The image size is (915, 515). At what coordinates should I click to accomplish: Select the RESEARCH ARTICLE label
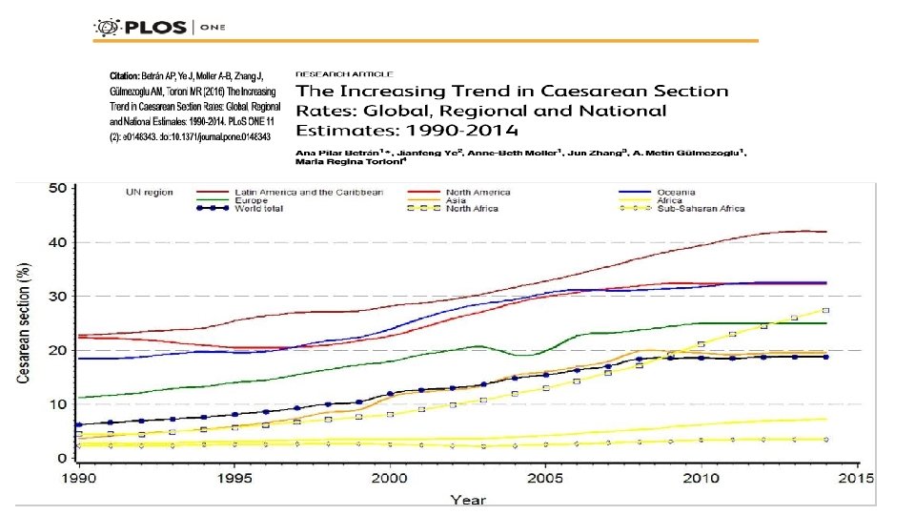(344, 72)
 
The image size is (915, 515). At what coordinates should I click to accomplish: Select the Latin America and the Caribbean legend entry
(309, 192)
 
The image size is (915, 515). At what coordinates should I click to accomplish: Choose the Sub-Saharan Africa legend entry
(701, 207)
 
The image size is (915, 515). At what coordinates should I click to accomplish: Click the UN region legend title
(149, 192)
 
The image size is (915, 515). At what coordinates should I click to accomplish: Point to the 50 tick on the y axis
(56, 188)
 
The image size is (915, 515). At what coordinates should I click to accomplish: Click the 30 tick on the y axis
(56, 297)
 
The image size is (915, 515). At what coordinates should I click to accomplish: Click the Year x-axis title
(468, 499)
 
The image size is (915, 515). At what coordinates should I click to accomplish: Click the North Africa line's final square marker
(825, 310)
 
